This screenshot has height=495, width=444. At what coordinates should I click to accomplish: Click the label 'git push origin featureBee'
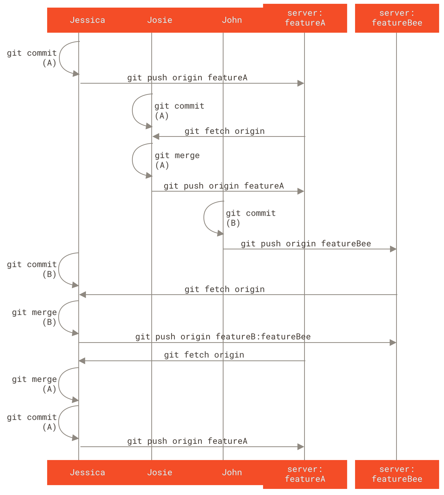coord(306,244)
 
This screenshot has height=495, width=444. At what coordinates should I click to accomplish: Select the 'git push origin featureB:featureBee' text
coord(223,337)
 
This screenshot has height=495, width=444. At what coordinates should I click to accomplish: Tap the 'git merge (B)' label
coord(34,317)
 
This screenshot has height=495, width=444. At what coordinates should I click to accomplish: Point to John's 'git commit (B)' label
coord(250,218)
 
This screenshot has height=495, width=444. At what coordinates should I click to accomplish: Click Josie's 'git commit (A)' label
coord(179,111)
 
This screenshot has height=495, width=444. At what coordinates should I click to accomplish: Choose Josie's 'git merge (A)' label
coord(177,160)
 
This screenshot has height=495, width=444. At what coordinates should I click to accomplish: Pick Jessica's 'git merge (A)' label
coord(34,384)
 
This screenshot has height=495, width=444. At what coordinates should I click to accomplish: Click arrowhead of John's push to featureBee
coord(393,249)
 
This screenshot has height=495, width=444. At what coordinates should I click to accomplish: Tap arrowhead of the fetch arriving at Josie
coord(156,136)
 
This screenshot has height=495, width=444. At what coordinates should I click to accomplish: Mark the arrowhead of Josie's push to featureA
coord(301,191)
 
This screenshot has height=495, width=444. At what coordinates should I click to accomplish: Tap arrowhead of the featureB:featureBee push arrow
coord(393,343)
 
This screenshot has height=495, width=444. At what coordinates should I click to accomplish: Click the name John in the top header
coord(232,20)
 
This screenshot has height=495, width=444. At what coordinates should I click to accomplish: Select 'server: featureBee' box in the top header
coord(397,18)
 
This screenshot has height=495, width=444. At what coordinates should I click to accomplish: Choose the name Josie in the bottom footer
coord(160,472)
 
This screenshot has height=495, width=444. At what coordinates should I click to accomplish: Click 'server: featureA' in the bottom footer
coord(305,474)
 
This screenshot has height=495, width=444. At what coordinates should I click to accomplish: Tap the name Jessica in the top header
coord(87,20)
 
